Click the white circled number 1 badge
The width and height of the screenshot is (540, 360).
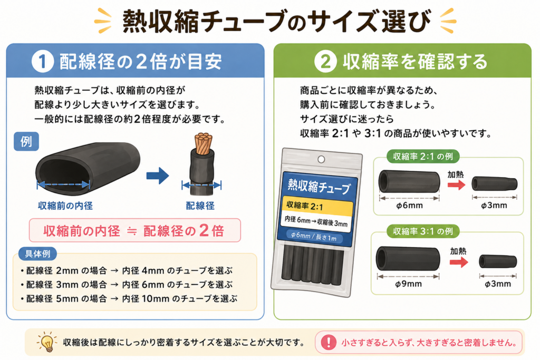[42, 62]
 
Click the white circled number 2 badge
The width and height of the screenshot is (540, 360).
[325, 62]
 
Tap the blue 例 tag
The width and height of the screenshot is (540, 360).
[26, 141]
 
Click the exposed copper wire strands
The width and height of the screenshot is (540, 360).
[203, 143]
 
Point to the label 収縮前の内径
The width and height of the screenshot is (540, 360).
[65, 206]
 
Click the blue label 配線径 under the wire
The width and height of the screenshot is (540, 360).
[200, 206]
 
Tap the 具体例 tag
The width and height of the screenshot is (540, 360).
[37, 254]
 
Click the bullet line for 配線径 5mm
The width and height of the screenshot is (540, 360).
[129, 298]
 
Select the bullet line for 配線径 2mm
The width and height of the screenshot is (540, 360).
[127, 270]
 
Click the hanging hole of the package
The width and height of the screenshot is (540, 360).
[321, 159]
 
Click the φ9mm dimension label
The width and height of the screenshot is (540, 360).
[408, 284]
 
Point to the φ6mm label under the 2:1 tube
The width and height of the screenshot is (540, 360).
[409, 206]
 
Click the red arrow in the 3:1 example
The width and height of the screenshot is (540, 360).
[459, 262]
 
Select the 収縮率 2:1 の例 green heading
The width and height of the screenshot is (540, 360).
[423, 156]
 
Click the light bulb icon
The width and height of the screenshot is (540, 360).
[47, 342]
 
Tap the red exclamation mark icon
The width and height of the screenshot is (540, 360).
[329, 342]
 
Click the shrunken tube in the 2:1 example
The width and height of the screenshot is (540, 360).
[494, 183]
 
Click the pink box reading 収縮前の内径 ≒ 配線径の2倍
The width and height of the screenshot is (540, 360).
[134, 230]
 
